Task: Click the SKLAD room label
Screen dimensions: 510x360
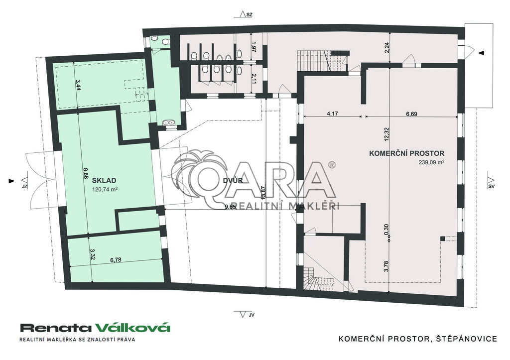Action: point(104,180)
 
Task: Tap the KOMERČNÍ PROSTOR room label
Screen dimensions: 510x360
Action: point(406,153)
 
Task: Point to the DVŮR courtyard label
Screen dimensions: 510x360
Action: point(233,180)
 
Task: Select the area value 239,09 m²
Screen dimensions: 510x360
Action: point(432,162)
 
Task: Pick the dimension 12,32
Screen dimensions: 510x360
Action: point(386,133)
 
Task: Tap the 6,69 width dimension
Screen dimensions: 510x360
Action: point(411,114)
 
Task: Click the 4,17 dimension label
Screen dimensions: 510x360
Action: point(332,114)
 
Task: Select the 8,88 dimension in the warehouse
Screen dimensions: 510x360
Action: point(85,173)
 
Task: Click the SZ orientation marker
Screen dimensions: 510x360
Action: point(246,14)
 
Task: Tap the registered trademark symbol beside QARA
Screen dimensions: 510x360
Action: point(332,165)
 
